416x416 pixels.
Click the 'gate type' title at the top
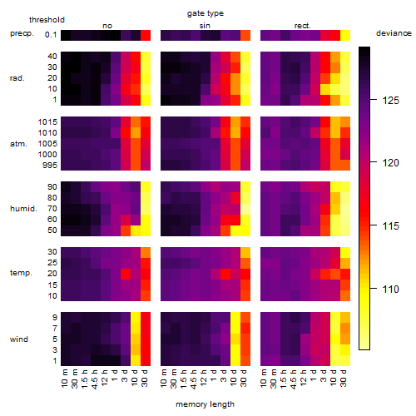point(206,13)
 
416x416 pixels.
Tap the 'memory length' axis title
point(206,404)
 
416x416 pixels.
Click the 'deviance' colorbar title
point(394,33)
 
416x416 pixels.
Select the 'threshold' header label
point(47,20)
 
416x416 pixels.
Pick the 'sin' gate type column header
point(205,26)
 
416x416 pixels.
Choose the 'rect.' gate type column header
point(303,26)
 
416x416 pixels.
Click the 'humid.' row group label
point(23,209)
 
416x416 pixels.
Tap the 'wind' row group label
point(19,339)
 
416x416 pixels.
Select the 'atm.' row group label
point(18,144)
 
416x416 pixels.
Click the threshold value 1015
point(47,122)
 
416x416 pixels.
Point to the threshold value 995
point(50,166)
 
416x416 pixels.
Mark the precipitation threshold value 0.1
point(51,35)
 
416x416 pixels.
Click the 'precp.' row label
point(22,33)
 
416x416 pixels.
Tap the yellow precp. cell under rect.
point(345,35)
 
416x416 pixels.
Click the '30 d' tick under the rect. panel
point(344,378)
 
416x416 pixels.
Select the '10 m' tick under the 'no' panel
point(64,378)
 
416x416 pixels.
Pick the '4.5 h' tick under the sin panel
point(194,379)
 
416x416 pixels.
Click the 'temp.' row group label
point(21,273)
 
